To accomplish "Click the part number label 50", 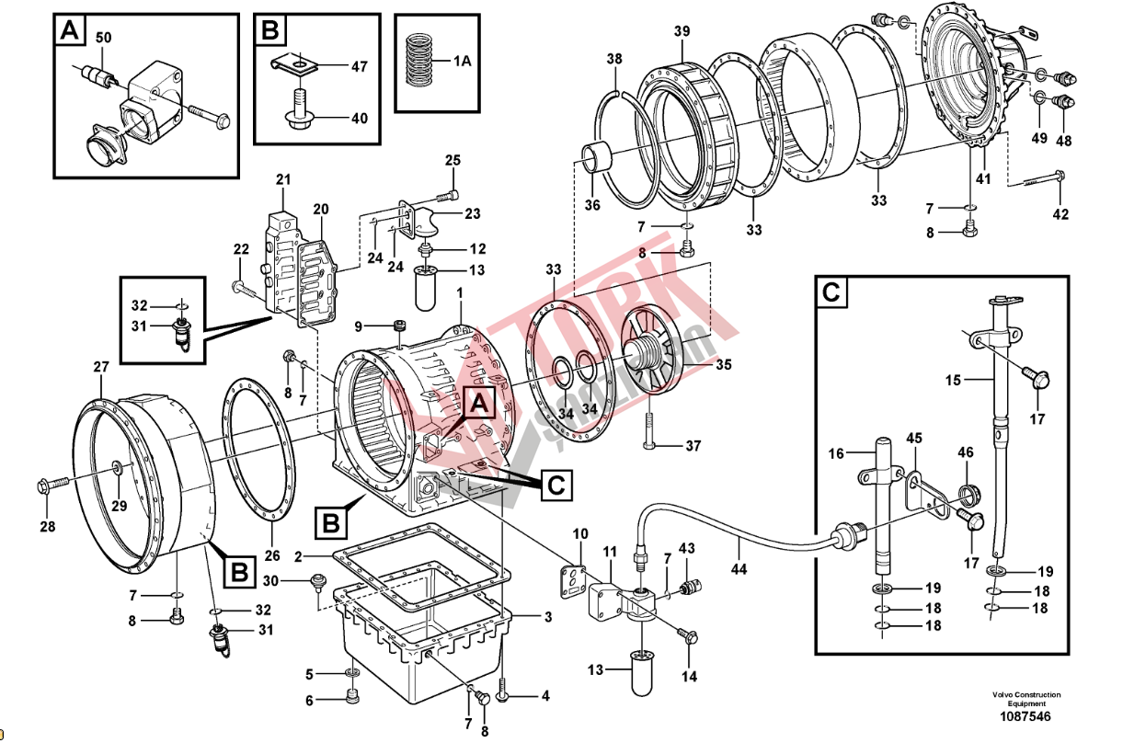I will pyautogui.click(x=103, y=37).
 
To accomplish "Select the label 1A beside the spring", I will pyautogui.click(x=462, y=61).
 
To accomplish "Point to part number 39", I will pyautogui.click(x=682, y=31).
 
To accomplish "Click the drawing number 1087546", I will pyautogui.click(x=1026, y=717).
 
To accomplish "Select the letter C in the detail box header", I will pyautogui.click(x=831, y=292).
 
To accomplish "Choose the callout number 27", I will pyautogui.click(x=100, y=367).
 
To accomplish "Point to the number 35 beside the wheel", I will pyautogui.click(x=724, y=365).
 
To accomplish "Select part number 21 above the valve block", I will pyautogui.click(x=282, y=178).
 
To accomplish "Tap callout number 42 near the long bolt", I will pyautogui.click(x=1060, y=214).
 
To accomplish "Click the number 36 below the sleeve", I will pyautogui.click(x=592, y=204).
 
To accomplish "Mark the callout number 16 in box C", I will pyautogui.click(x=836, y=453).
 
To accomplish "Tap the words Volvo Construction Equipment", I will pyautogui.click(x=1026, y=699).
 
